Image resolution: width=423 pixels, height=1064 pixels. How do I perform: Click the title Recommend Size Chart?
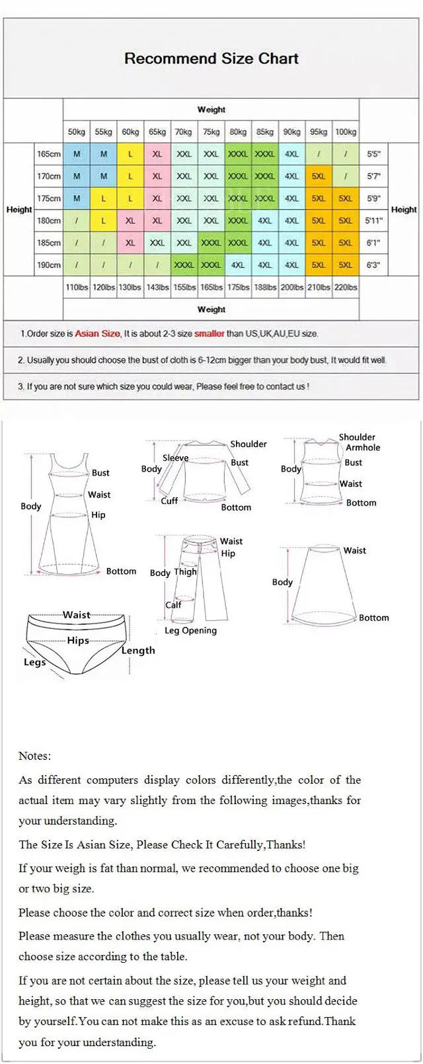coord(211,58)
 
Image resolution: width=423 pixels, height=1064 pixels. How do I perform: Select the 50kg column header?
coord(77,132)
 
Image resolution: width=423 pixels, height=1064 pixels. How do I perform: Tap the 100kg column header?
coord(345,132)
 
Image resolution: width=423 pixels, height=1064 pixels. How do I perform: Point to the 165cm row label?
coord(49,154)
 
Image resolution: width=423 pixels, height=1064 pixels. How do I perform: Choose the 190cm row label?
coord(49,265)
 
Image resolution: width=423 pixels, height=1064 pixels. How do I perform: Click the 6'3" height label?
coord(373,265)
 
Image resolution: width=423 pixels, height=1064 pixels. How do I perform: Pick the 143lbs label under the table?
coord(157,287)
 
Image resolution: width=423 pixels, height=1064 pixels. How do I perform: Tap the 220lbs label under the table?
coord(345,287)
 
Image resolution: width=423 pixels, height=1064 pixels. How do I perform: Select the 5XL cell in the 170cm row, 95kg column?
coord(318,177)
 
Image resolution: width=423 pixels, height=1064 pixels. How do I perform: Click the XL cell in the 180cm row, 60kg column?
coord(130,221)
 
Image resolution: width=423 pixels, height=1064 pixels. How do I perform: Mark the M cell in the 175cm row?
coord(77,198)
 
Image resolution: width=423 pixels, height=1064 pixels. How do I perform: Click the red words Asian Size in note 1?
coord(97,334)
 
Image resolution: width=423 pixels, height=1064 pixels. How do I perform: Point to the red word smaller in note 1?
coord(209,334)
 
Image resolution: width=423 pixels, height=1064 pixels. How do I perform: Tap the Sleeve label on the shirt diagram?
coord(175,458)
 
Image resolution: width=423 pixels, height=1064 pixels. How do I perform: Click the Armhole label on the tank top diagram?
coord(363,448)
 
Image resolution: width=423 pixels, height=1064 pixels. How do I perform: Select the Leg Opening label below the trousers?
coord(190,630)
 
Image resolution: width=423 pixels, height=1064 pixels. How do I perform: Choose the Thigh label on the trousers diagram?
coord(185,572)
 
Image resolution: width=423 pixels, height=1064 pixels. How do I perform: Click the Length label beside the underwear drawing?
coord(137,650)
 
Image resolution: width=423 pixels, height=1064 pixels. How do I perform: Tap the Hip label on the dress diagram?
coord(98,514)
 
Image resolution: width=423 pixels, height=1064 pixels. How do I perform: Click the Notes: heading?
coord(34,756)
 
